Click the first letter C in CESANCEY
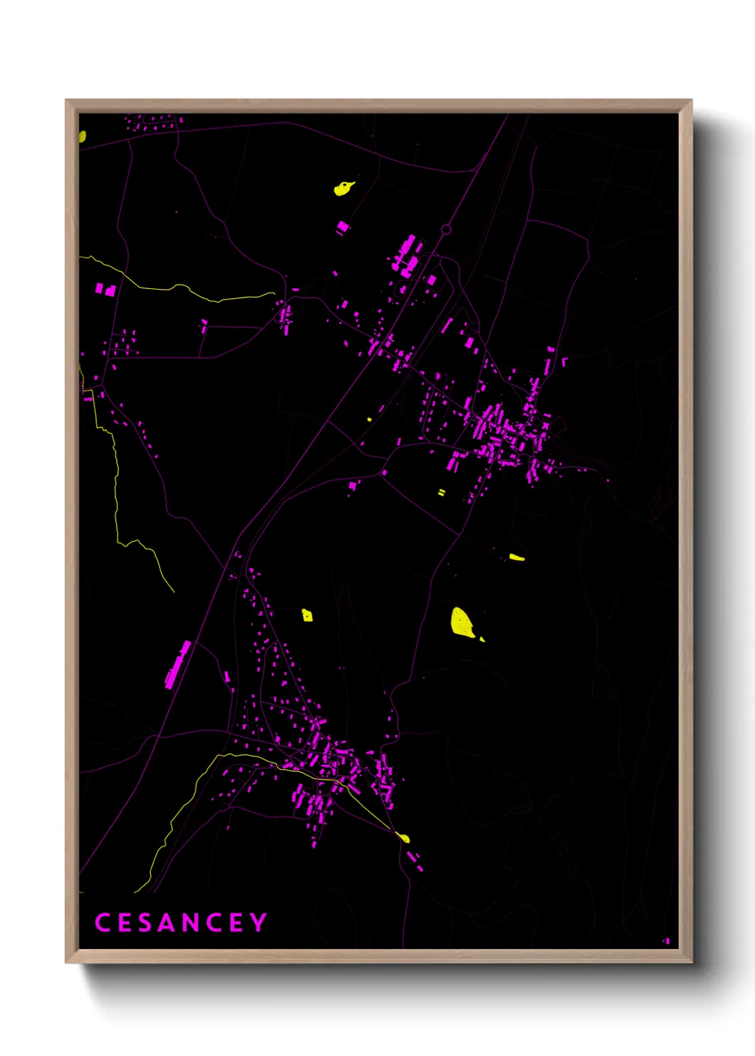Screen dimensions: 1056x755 102,922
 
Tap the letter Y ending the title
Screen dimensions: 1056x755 258,922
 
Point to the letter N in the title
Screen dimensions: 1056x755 189,922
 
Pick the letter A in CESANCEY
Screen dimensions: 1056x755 166,922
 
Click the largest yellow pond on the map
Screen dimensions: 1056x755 462,621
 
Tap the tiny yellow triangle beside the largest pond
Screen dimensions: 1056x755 482,639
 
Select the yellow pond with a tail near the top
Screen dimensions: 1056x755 343,188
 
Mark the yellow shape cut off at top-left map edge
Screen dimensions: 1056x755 82,136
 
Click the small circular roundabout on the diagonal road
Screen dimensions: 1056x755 446,229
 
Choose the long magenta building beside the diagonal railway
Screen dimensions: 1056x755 178,664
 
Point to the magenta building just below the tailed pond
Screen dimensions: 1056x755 343,227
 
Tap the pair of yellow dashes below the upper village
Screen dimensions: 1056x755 441,492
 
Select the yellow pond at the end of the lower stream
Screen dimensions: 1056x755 403,838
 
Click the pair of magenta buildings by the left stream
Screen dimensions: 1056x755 105,289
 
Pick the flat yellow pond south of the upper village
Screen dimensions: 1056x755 517,557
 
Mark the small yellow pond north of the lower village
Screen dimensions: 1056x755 307,615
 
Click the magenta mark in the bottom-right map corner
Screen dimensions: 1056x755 667,941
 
